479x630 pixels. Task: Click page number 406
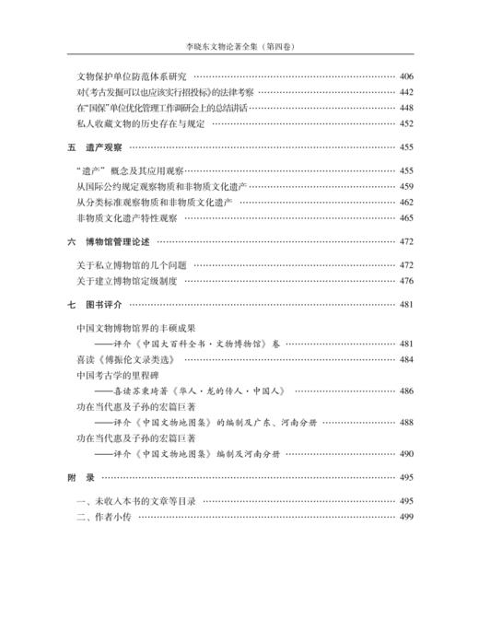(407, 76)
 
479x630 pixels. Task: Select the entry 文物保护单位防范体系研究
(132, 76)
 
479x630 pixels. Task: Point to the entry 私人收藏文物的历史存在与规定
(139, 123)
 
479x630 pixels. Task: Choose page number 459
(407, 186)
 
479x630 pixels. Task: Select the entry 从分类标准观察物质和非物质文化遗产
(154, 202)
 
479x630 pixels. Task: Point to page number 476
(407, 281)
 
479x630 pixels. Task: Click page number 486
(407, 391)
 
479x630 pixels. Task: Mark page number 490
(407, 454)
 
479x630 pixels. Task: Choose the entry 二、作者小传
(105, 517)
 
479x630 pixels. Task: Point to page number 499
(407, 517)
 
